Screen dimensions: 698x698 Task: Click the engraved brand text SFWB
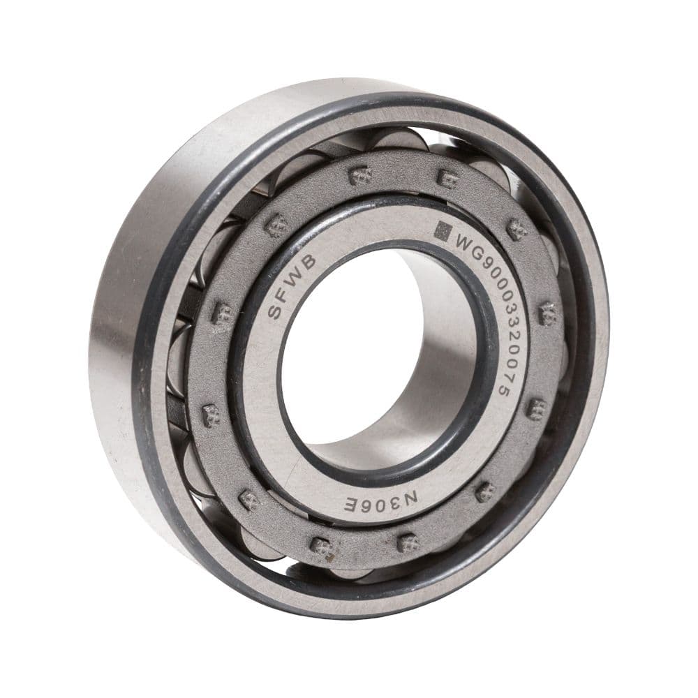(x=292, y=287)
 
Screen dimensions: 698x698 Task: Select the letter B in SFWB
(x=309, y=262)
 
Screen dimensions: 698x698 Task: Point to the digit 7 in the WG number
(x=503, y=379)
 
